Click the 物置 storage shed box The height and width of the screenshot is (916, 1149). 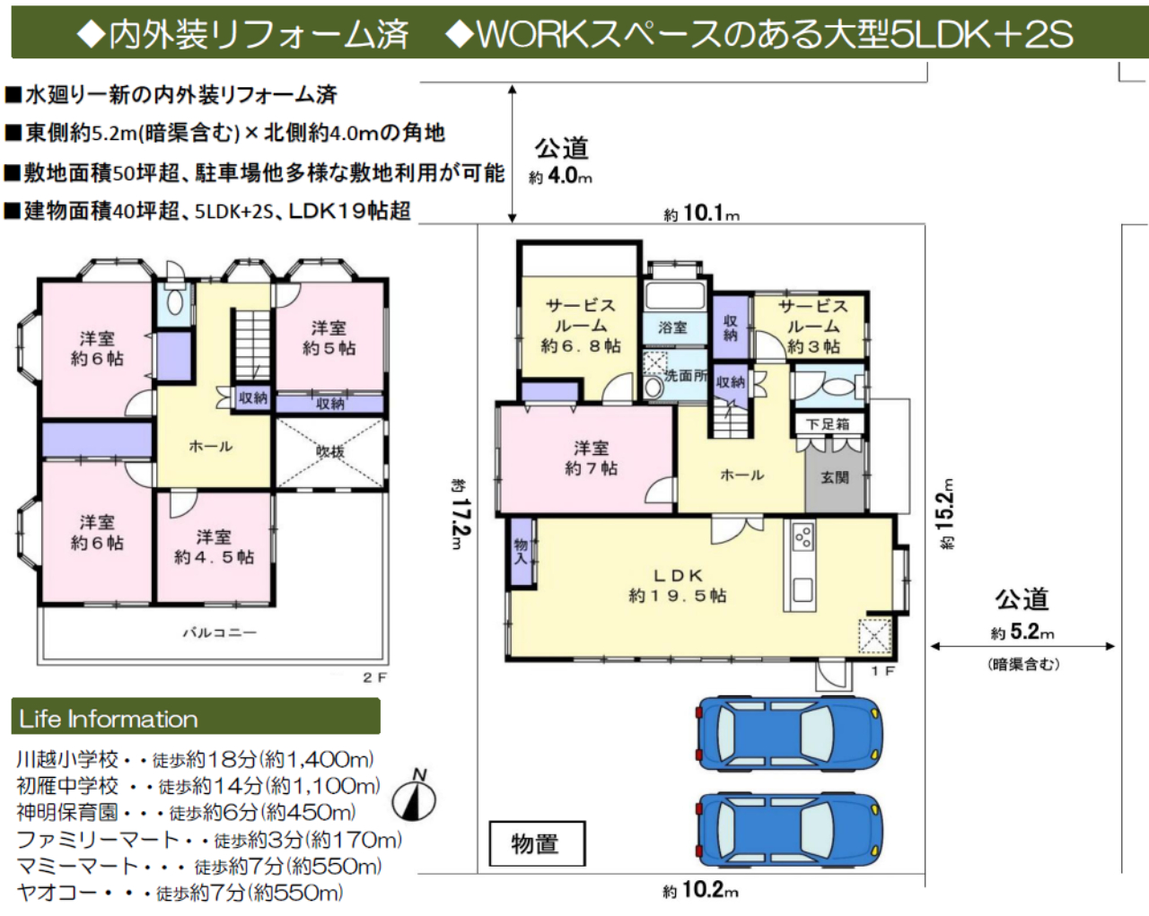click(x=537, y=843)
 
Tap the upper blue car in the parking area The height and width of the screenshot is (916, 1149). click(x=789, y=733)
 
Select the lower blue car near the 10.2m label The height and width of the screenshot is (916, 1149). click(x=789, y=830)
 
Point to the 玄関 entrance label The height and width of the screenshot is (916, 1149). click(x=835, y=476)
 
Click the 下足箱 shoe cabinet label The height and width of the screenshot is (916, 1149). click(x=828, y=424)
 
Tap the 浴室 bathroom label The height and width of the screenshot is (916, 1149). click(x=672, y=327)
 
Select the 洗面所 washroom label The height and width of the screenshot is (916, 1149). click(x=686, y=375)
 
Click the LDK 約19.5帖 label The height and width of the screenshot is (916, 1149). click(x=678, y=586)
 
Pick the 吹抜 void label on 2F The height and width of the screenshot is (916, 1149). click(x=330, y=452)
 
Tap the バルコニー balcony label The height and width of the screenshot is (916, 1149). click(x=220, y=632)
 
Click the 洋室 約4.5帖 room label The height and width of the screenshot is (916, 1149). click(x=215, y=546)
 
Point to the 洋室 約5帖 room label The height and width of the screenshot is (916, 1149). click(x=329, y=338)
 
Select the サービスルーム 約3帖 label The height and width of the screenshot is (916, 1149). click(x=813, y=327)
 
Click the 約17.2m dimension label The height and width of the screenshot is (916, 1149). click(x=460, y=513)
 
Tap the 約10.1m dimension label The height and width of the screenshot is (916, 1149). click(x=702, y=214)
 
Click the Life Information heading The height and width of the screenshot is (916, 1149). click(x=109, y=719)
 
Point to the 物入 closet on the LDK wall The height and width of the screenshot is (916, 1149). click(x=522, y=552)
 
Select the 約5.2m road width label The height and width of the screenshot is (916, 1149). click(x=1022, y=632)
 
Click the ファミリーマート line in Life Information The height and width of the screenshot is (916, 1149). click(x=209, y=840)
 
